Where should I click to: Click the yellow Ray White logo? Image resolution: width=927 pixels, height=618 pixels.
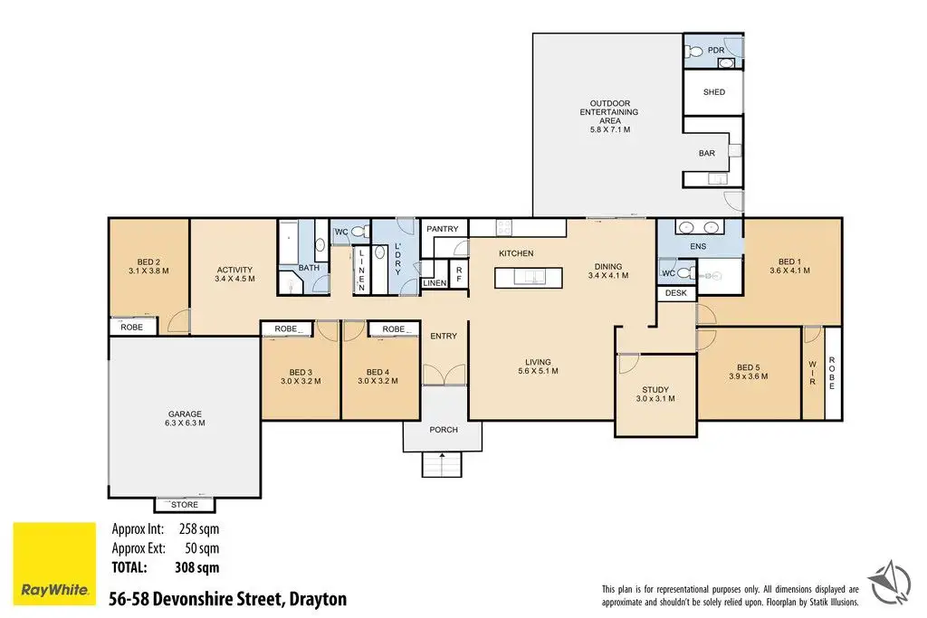coord(54,564)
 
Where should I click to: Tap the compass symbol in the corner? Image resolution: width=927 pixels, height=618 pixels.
coord(889,583)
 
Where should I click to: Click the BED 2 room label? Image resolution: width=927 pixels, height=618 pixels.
coord(148,266)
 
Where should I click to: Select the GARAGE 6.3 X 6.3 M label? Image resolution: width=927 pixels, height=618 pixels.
coord(185,418)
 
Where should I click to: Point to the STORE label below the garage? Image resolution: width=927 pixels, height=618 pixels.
coord(185,505)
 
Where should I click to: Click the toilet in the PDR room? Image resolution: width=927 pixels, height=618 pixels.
coord(694,52)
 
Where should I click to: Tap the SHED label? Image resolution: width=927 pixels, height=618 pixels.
coord(714,92)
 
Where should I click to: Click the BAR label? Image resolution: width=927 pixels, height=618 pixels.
coord(707,153)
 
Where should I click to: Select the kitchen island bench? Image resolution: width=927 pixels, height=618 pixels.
coord(528,278)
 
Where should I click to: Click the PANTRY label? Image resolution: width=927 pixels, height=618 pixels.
coord(442,229)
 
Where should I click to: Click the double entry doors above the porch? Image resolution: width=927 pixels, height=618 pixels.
coord(444,375)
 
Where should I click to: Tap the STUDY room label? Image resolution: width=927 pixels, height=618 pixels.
coord(655,395)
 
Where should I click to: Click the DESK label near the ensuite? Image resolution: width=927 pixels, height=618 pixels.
coord(676,293)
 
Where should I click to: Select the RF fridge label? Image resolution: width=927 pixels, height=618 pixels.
coord(459,274)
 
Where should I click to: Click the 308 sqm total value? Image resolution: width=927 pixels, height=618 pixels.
coord(196,567)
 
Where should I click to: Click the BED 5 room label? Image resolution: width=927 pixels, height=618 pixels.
coord(749,372)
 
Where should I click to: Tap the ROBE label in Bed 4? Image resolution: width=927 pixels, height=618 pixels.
coord(394,329)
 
